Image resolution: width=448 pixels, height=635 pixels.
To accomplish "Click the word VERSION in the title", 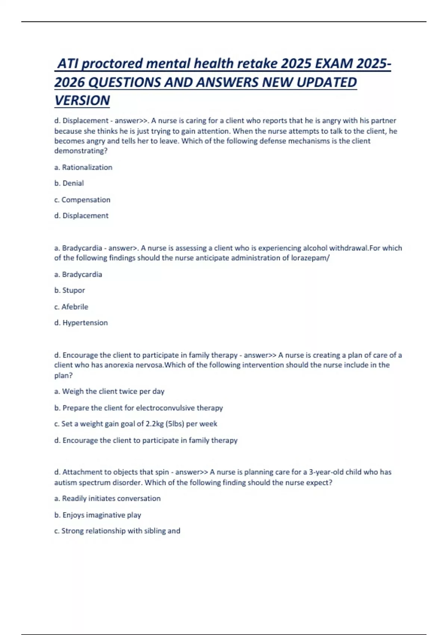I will pyautogui.click(x=82, y=100).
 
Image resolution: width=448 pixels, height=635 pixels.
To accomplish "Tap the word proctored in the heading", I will pyautogui.click(x=112, y=63).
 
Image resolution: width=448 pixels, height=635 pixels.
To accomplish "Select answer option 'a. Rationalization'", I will pyautogui.click(x=83, y=167).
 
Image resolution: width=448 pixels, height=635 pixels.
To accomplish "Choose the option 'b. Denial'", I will pyautogui.click(x=69, y=183).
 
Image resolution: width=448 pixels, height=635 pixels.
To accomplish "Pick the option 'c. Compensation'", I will pyautogui.click(x=82, y=200).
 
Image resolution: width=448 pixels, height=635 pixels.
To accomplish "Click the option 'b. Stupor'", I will pyautogui.click(x=70, y=290).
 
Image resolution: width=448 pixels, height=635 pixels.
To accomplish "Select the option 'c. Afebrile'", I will pyautogui.click(x=71, y=307).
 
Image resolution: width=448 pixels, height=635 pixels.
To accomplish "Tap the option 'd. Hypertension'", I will pyautogui.click(x=81, y=323).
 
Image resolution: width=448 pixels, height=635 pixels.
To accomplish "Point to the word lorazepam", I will pyautogui.click(x=309, y=258).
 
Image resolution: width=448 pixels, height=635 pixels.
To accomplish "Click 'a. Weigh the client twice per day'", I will pyautogui.click(x=109, y=391).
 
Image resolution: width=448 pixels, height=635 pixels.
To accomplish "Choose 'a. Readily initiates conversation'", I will pyautogui.click(x=108, y=499).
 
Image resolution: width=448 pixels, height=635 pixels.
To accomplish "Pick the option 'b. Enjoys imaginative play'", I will pyautogui.click(x=98, y=515).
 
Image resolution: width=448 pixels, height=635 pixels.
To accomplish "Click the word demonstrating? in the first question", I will pyautogui.click(x=81, y=151).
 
